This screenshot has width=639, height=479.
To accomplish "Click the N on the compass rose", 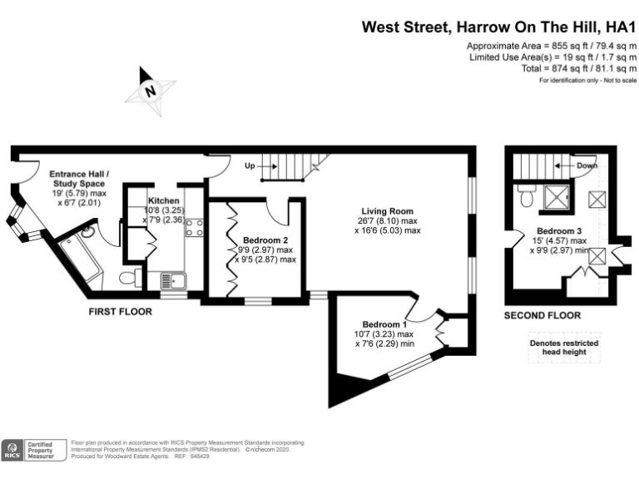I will (151, 92).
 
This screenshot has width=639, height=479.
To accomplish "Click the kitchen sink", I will (171, 280).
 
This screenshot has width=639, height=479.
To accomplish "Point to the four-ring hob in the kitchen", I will (194, 227).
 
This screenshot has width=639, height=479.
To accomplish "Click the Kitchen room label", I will (163, 201).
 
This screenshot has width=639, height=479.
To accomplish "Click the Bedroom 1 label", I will (384, 323).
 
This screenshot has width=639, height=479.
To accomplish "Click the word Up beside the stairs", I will (250, 165).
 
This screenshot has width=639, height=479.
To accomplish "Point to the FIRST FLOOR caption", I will (121, 311).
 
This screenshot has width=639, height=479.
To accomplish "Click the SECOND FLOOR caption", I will (542, 315).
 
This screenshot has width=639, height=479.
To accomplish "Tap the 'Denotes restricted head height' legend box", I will (563, 348).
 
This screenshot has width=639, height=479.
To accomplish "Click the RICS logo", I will (13, 449).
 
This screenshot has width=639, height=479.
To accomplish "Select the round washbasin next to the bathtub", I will (87, 233).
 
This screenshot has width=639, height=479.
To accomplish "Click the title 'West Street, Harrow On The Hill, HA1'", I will (498, 27).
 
